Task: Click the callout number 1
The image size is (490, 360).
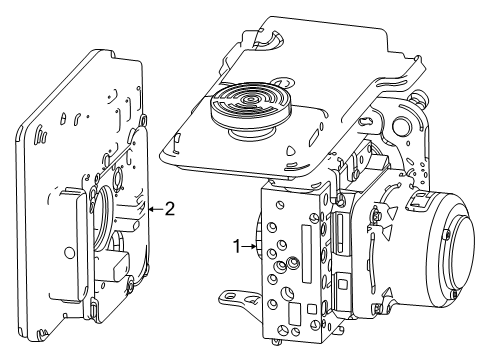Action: pos(238,243)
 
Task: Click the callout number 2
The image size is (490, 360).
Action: pos(170,209)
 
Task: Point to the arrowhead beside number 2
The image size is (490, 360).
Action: pos(150,210)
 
